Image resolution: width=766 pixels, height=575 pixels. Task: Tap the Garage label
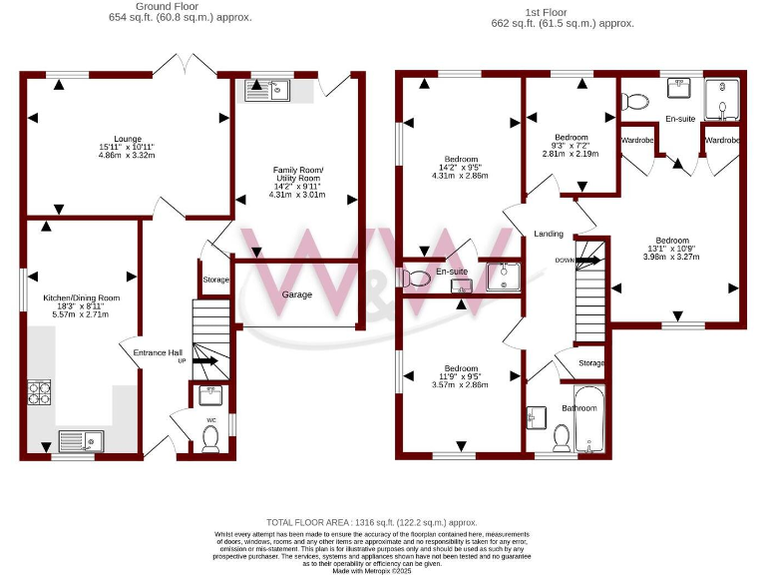point(296,294)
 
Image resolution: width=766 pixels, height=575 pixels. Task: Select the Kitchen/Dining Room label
point(81,298)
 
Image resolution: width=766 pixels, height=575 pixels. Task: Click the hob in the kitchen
point(37,393)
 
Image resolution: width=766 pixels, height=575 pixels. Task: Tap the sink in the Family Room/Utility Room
point(266,91)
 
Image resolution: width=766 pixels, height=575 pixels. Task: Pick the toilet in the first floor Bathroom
point(562,437)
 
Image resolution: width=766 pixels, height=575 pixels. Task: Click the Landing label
point(549,234)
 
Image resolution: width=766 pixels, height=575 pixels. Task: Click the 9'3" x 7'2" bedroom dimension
point(571,146)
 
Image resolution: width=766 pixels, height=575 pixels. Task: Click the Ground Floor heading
point(180,6)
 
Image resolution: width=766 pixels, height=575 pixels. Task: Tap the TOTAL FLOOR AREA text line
point(371,522)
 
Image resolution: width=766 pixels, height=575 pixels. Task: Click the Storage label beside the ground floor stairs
point(216,279)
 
